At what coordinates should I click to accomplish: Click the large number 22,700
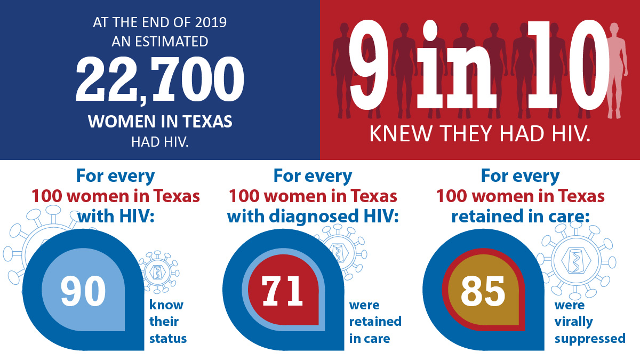[160, 80]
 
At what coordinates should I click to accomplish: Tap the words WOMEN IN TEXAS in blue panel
[160, 122]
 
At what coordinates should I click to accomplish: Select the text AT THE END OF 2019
[160, 23]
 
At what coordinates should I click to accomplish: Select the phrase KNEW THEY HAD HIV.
[480, 133]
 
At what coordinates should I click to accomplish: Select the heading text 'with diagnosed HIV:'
[313, 217]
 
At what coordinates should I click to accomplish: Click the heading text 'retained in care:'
[521, 217]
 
